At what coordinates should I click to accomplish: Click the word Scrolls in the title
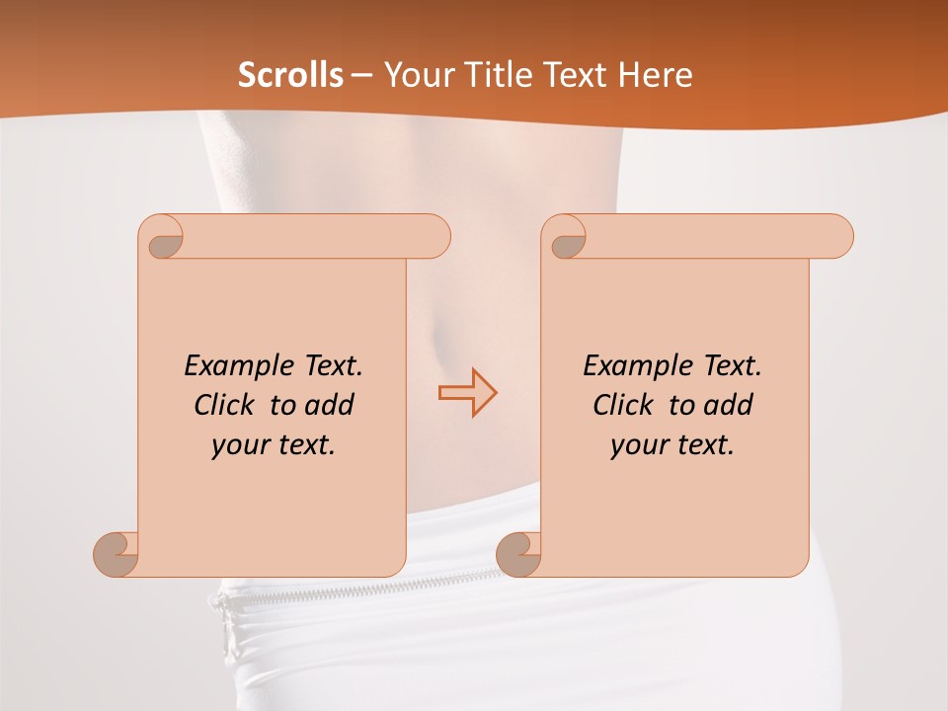[291, 75]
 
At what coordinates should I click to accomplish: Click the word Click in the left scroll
[216, 405]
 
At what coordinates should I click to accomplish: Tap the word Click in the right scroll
[615, 405]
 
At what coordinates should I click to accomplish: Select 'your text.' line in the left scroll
[274, 445]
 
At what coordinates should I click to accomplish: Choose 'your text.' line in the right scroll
[672, 445]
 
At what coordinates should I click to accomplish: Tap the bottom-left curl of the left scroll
[117, 553]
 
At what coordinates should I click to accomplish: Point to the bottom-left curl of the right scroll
[518, 553]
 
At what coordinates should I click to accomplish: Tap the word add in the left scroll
[330, 405]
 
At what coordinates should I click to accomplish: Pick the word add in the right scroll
[729, 405]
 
